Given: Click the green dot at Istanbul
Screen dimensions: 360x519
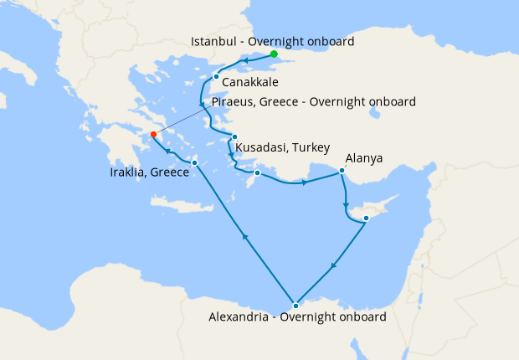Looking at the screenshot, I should coord(274,54).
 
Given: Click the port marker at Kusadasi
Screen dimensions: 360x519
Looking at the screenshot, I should coord(235,137).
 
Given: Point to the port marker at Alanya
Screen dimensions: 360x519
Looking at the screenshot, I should coord(342,171).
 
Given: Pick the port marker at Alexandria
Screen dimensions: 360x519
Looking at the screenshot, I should coord(295,305).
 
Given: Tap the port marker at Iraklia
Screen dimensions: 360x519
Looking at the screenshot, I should coord(194,163).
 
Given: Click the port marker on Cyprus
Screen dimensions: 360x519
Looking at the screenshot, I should coord(366,219).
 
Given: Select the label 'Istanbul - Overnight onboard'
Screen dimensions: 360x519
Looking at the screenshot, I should coord(273,41).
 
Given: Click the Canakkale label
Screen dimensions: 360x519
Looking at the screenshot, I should coord(250,83).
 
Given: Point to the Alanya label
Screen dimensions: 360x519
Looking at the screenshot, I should coord(363,157).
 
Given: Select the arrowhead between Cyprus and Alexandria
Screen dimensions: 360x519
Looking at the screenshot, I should coord(333,268).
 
